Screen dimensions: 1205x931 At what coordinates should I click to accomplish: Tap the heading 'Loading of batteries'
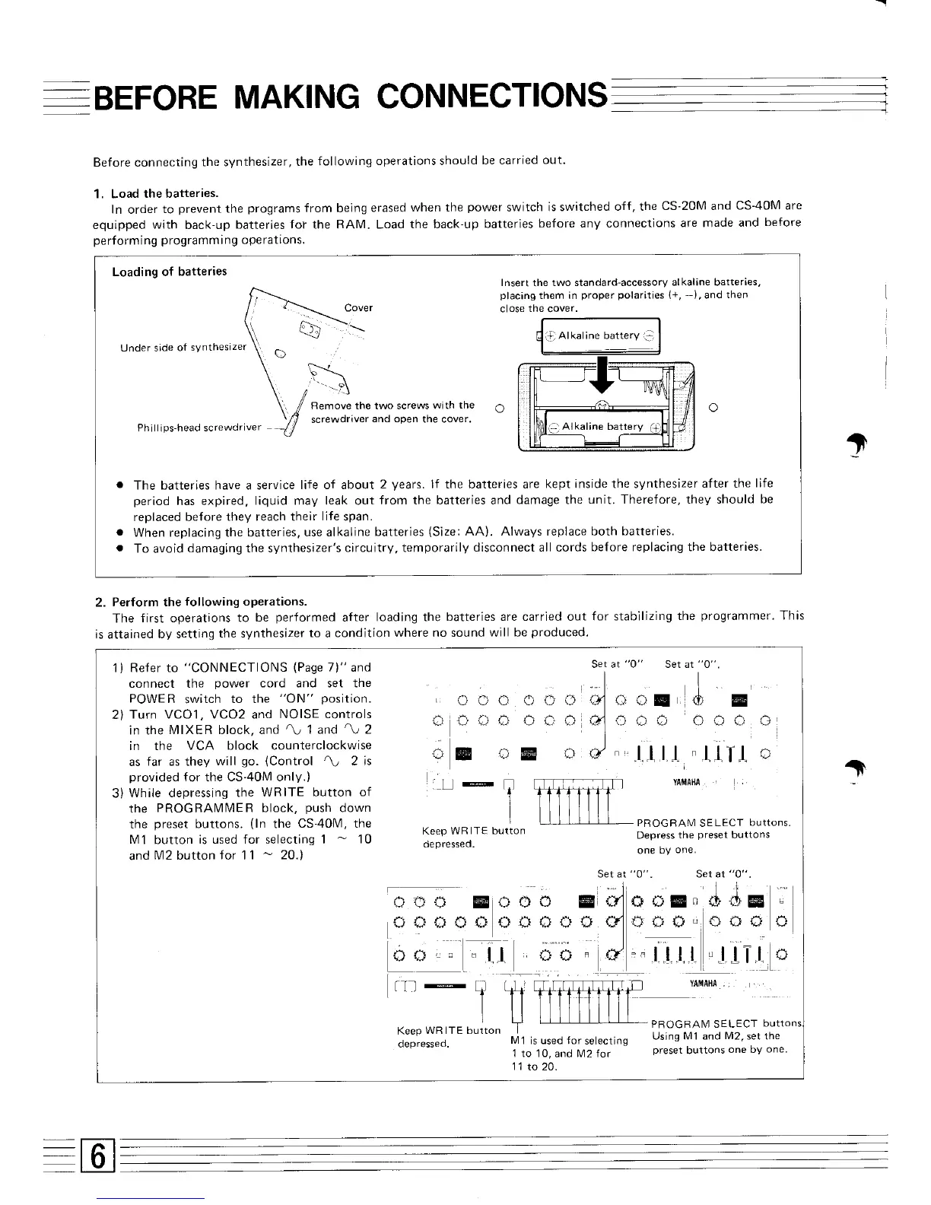169,272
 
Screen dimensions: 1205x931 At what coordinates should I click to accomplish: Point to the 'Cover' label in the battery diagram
358,308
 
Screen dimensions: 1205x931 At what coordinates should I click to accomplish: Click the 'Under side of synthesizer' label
183,348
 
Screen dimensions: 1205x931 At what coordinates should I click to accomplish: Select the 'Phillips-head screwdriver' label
199,428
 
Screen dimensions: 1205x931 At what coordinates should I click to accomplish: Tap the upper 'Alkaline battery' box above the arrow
599,335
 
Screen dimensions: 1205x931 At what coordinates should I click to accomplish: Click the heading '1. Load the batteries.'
155,193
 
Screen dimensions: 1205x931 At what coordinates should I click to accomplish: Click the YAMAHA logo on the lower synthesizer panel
703,984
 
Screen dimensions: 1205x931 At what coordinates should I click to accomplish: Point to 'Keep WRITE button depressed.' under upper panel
473,837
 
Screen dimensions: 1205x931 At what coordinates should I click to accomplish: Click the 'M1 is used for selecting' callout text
569,1041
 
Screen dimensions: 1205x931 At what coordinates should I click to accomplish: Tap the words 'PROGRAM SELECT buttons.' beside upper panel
713,822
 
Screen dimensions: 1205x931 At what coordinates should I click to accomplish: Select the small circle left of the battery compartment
500,409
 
